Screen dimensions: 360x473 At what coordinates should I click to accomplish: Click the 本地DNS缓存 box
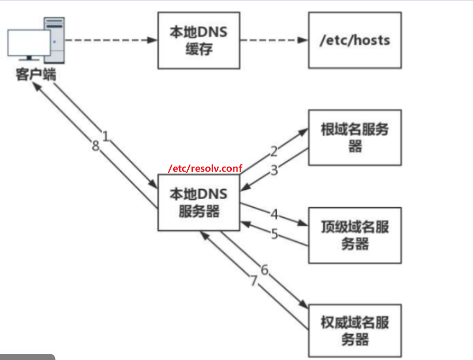coord(199,40)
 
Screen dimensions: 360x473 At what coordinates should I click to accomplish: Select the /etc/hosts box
coord(355,40)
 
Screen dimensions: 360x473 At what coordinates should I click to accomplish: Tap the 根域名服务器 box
coord(355,137)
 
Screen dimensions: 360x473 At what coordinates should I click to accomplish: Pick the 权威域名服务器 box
coord(355,331)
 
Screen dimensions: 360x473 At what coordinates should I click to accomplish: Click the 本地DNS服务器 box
coord(199,202)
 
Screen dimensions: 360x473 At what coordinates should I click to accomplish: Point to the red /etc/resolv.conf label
coord(205,169)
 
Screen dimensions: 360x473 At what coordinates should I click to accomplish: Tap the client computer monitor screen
coord(29,43)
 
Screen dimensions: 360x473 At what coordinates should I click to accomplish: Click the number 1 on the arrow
coord(106,136)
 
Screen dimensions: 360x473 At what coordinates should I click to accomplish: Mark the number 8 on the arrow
coord(95,146)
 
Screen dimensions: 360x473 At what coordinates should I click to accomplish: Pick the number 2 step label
coord(274,151)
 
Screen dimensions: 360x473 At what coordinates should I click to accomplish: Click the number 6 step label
coord(265,270)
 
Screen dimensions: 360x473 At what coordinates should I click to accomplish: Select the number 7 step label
coord(254,281)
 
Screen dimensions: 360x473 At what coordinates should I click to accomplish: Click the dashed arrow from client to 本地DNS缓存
coord(112,40)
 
